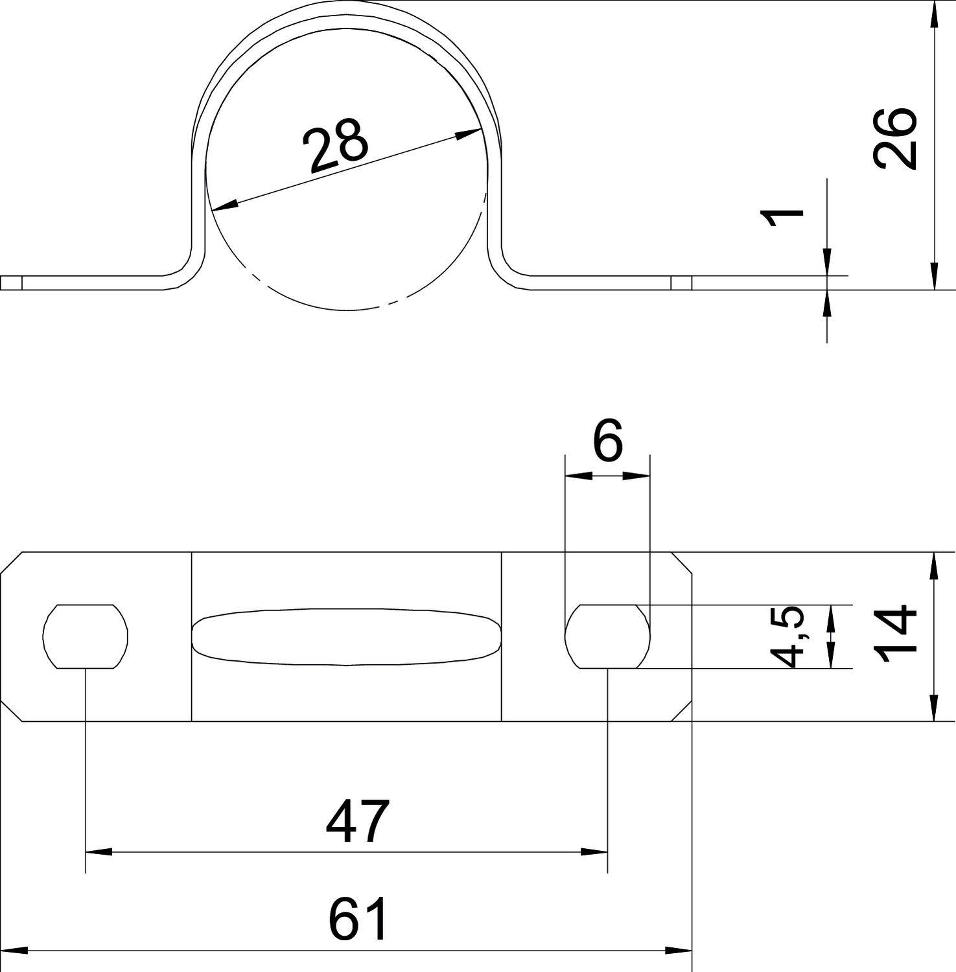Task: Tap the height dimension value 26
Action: point(895,138)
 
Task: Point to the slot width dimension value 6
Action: point(607,440)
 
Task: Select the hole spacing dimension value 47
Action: point(358,821)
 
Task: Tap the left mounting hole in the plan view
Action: point(86,636)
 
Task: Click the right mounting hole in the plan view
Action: point(607,636)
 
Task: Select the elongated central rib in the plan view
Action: point(347,637)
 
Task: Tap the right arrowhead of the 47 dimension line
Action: point(594,851)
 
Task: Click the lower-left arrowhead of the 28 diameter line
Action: point(224,206)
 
